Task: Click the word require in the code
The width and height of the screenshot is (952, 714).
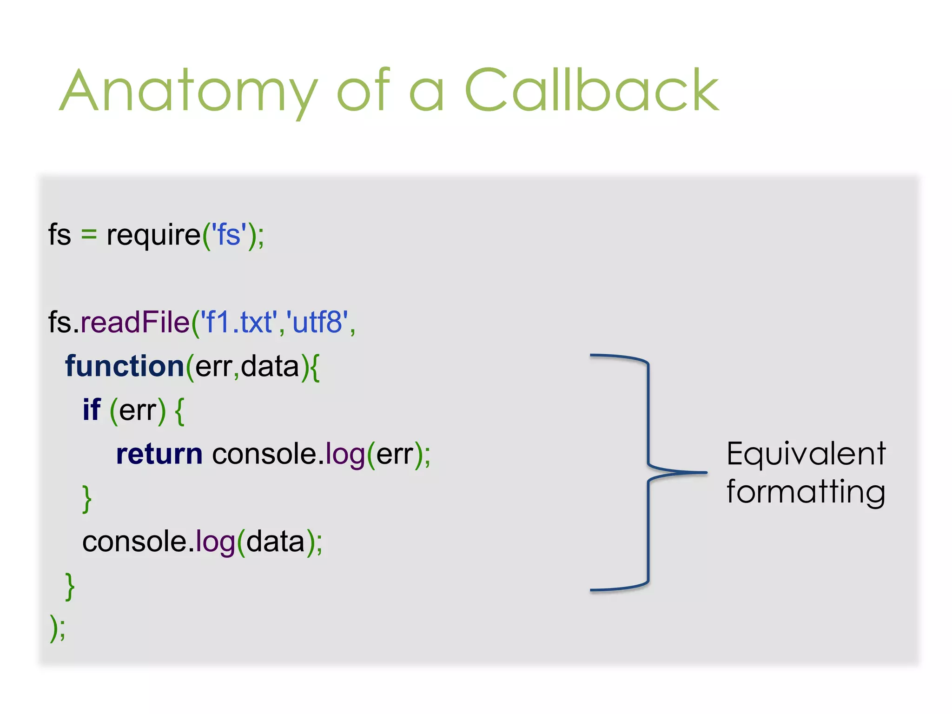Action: (x=153, y=235)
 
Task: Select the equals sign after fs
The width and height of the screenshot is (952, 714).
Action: (x=89, y=235)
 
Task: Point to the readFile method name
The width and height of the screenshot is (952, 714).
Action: (x=135, y=322)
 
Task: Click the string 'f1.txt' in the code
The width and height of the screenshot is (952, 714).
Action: (x=238, y=322)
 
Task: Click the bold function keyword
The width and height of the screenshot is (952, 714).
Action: (x=125, y=366)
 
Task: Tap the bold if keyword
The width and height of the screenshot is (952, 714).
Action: (x=92, y=410)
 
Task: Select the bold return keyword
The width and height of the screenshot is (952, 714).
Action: (x=159, y=454)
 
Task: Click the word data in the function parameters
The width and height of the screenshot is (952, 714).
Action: (x=270, y=366)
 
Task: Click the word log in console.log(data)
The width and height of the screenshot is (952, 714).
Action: (x=215, y=542)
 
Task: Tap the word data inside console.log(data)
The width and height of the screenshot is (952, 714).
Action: (x=275, y=542)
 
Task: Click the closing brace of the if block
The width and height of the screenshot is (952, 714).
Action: (x=87, y=498)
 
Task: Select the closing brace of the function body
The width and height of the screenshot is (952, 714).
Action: (x=70, y=586)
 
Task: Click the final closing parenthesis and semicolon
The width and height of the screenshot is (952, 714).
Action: (x=58, y=628)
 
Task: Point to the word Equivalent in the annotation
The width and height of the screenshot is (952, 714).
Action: (x=806, y=454)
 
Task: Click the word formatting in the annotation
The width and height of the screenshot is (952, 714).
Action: (x=806, y=492)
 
